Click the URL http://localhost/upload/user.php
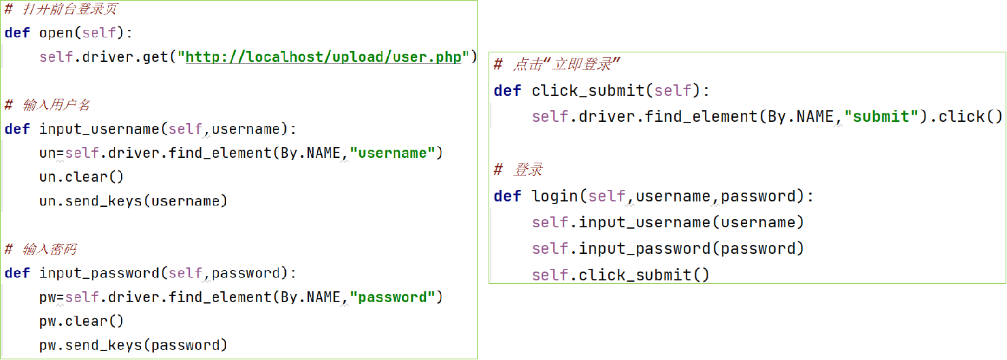pos(323,56)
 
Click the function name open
pos(56,33)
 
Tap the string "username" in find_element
pos(392,153)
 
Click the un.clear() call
pos(82,177)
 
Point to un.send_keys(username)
pos(133,201)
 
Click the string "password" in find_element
pos(392,297)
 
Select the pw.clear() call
pos(82,321)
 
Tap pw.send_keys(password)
pos(133,345)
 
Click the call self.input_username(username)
pos(667,223)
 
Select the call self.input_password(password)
pos(667,248)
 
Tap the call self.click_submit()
pos(621,275)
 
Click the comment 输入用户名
pos(56,105)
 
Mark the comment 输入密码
pos(49,249)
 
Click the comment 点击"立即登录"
pos(565,65)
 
